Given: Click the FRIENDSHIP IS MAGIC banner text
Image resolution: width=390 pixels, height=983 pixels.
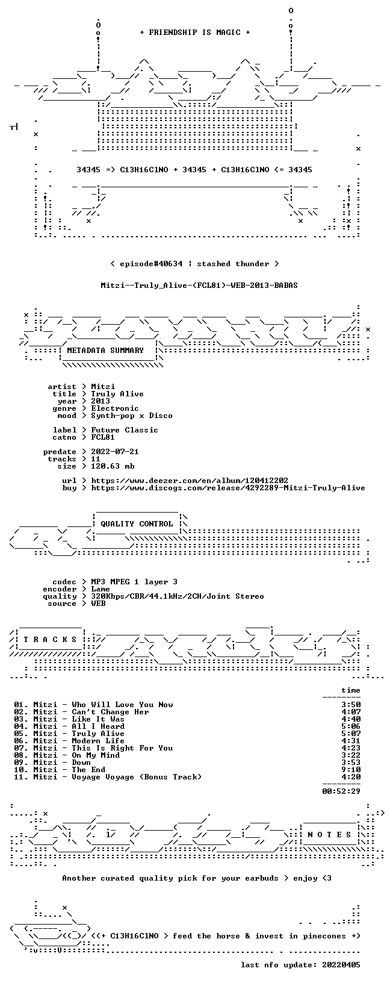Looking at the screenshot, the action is click(x=195, y=33).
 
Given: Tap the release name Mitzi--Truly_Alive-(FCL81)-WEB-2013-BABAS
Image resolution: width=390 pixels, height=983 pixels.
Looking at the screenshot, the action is click(x=199, y=286).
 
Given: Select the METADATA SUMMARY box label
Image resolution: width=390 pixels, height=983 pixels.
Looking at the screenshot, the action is click(x=105, y=350).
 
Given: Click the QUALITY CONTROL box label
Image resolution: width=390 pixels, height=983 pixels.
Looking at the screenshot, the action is click(x=137, y=523).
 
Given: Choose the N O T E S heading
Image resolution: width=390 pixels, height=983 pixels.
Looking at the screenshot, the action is click(x=329, y=834).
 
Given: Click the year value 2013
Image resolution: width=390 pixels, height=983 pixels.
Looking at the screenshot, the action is click(x=101, y=401).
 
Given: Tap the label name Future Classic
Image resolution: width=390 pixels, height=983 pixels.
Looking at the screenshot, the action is click(x=125, y=430).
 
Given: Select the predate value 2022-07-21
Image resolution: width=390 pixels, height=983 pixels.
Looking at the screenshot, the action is click(x=115, y=452).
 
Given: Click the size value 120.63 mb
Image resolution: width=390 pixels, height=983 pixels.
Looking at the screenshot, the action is click(x=113, y=466).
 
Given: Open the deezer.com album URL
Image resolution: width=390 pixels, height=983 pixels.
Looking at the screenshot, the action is click(x=190, y=481).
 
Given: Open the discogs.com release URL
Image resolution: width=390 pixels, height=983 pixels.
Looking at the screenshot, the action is click(x=228, y=488).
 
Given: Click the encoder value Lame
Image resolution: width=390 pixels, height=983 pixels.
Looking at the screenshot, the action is click(x=101, y=589).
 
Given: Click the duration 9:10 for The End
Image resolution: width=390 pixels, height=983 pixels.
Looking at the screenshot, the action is click(x=351, y=770).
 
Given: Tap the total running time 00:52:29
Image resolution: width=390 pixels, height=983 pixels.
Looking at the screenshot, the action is click(x=341, y=791).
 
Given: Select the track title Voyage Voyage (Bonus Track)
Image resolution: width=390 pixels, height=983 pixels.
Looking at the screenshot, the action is click(x=137, y=777).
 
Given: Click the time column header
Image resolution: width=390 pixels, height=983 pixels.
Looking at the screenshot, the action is click(x=351, y=690).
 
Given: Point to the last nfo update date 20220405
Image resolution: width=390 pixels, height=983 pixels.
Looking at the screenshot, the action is click(x=341, y=964).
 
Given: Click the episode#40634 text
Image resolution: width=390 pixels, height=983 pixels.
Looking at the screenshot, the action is click(x=151, y=264).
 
